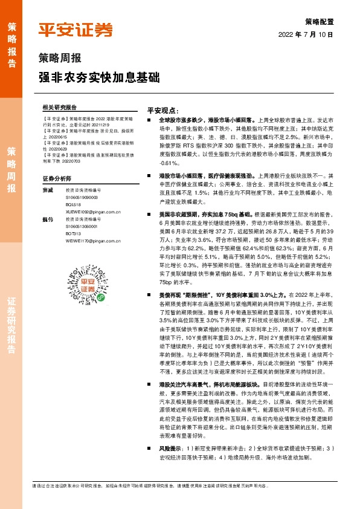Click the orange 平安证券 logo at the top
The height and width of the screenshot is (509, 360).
(x=76, y=30)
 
